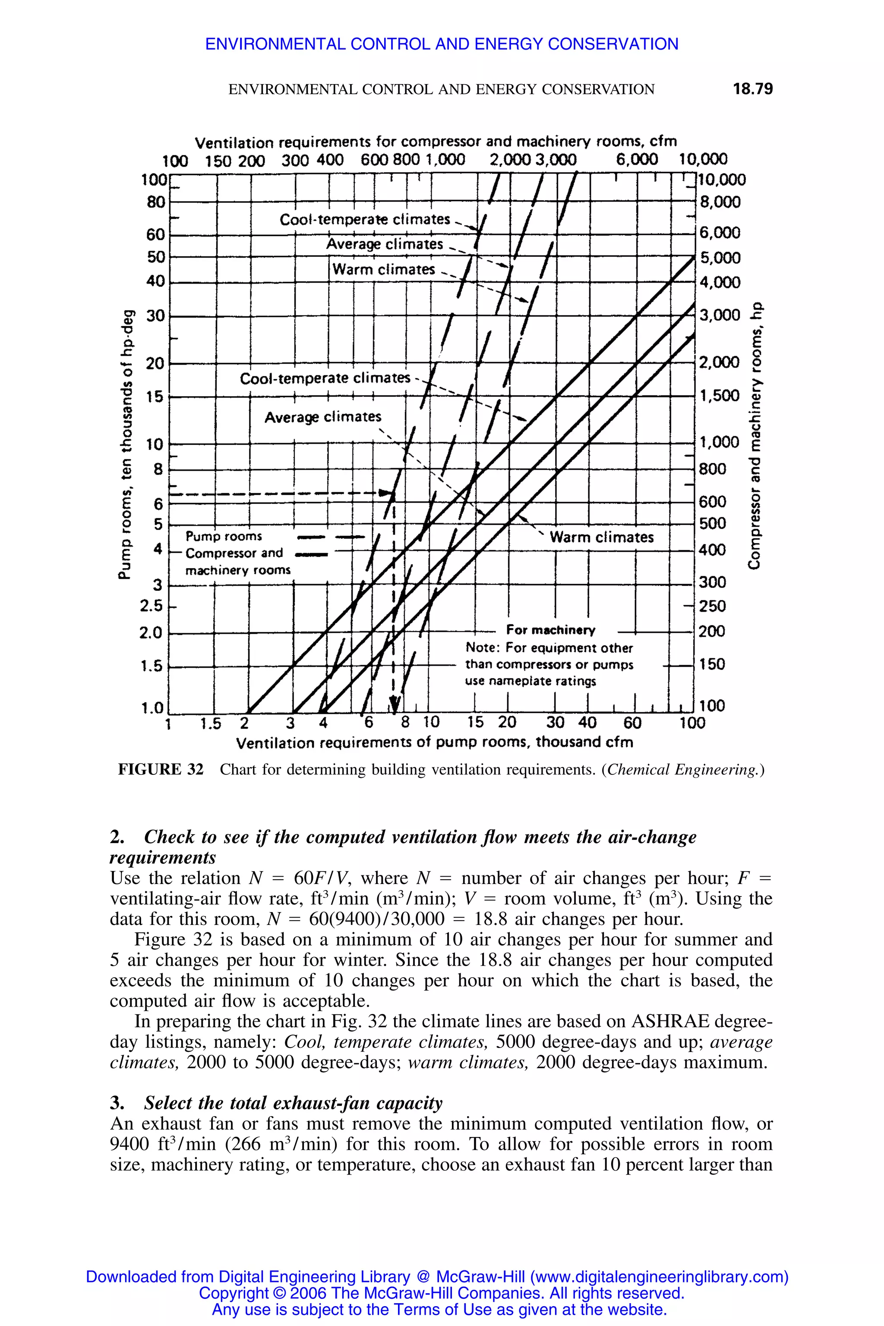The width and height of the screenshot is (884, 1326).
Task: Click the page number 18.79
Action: click(x=753, y=89)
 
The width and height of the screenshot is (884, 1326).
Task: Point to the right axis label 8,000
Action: click(x=720, y=202)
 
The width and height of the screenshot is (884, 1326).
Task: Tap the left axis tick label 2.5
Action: click(x=151, y=606)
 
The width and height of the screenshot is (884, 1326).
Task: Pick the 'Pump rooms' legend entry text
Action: click(x=224, y=536)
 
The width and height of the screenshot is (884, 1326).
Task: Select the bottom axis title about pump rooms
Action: click(x=435, y=742)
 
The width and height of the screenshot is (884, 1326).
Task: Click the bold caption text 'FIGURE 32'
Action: click(x=161, y=770)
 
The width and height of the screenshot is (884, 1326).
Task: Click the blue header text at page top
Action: click(x=442, y=44)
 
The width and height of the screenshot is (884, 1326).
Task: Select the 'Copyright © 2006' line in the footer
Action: click(x=442, y=1293)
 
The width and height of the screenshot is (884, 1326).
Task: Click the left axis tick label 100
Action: click(x=154, y=180)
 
